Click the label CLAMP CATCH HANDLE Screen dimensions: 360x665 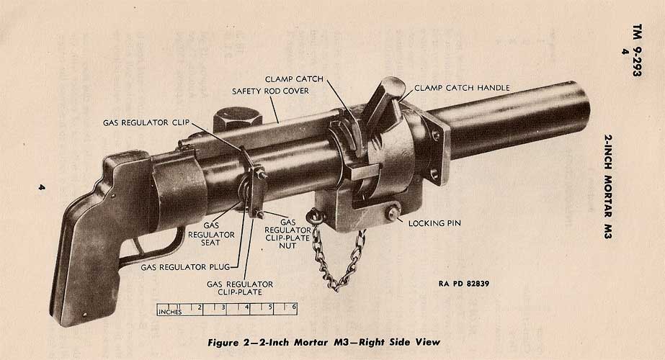[462, 88]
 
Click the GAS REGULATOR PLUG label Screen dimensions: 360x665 [180, 266]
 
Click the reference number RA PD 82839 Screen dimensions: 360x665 [463, 283]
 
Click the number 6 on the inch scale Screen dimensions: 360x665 [294, 307]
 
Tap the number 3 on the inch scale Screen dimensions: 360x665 [224, 307]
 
